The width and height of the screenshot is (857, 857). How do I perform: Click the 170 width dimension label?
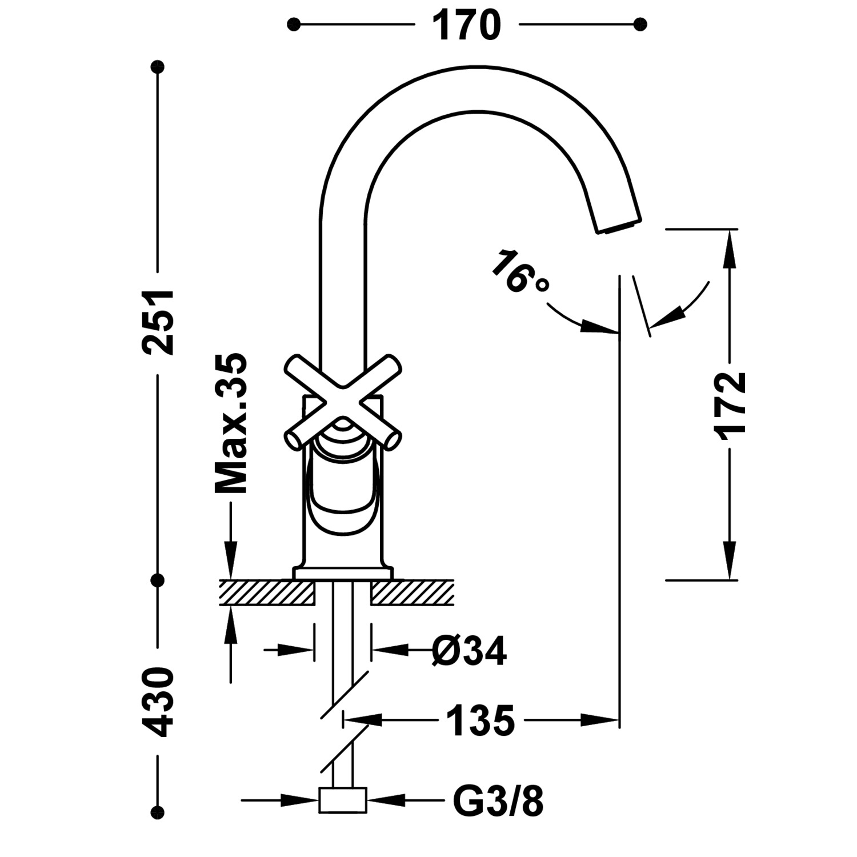pos(466,26)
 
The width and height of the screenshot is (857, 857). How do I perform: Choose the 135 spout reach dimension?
pos(480,720)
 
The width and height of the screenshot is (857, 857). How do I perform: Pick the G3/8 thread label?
pos(498,801)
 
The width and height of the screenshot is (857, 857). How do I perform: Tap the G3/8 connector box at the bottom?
pos(342,800)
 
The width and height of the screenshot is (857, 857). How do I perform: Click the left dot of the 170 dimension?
pos(294,24)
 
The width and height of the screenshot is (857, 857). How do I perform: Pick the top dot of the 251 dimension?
pos(157,67)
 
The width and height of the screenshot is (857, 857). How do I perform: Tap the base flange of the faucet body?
pos(343,574)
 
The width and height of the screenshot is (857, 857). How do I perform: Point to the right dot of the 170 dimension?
pos(640,24)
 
